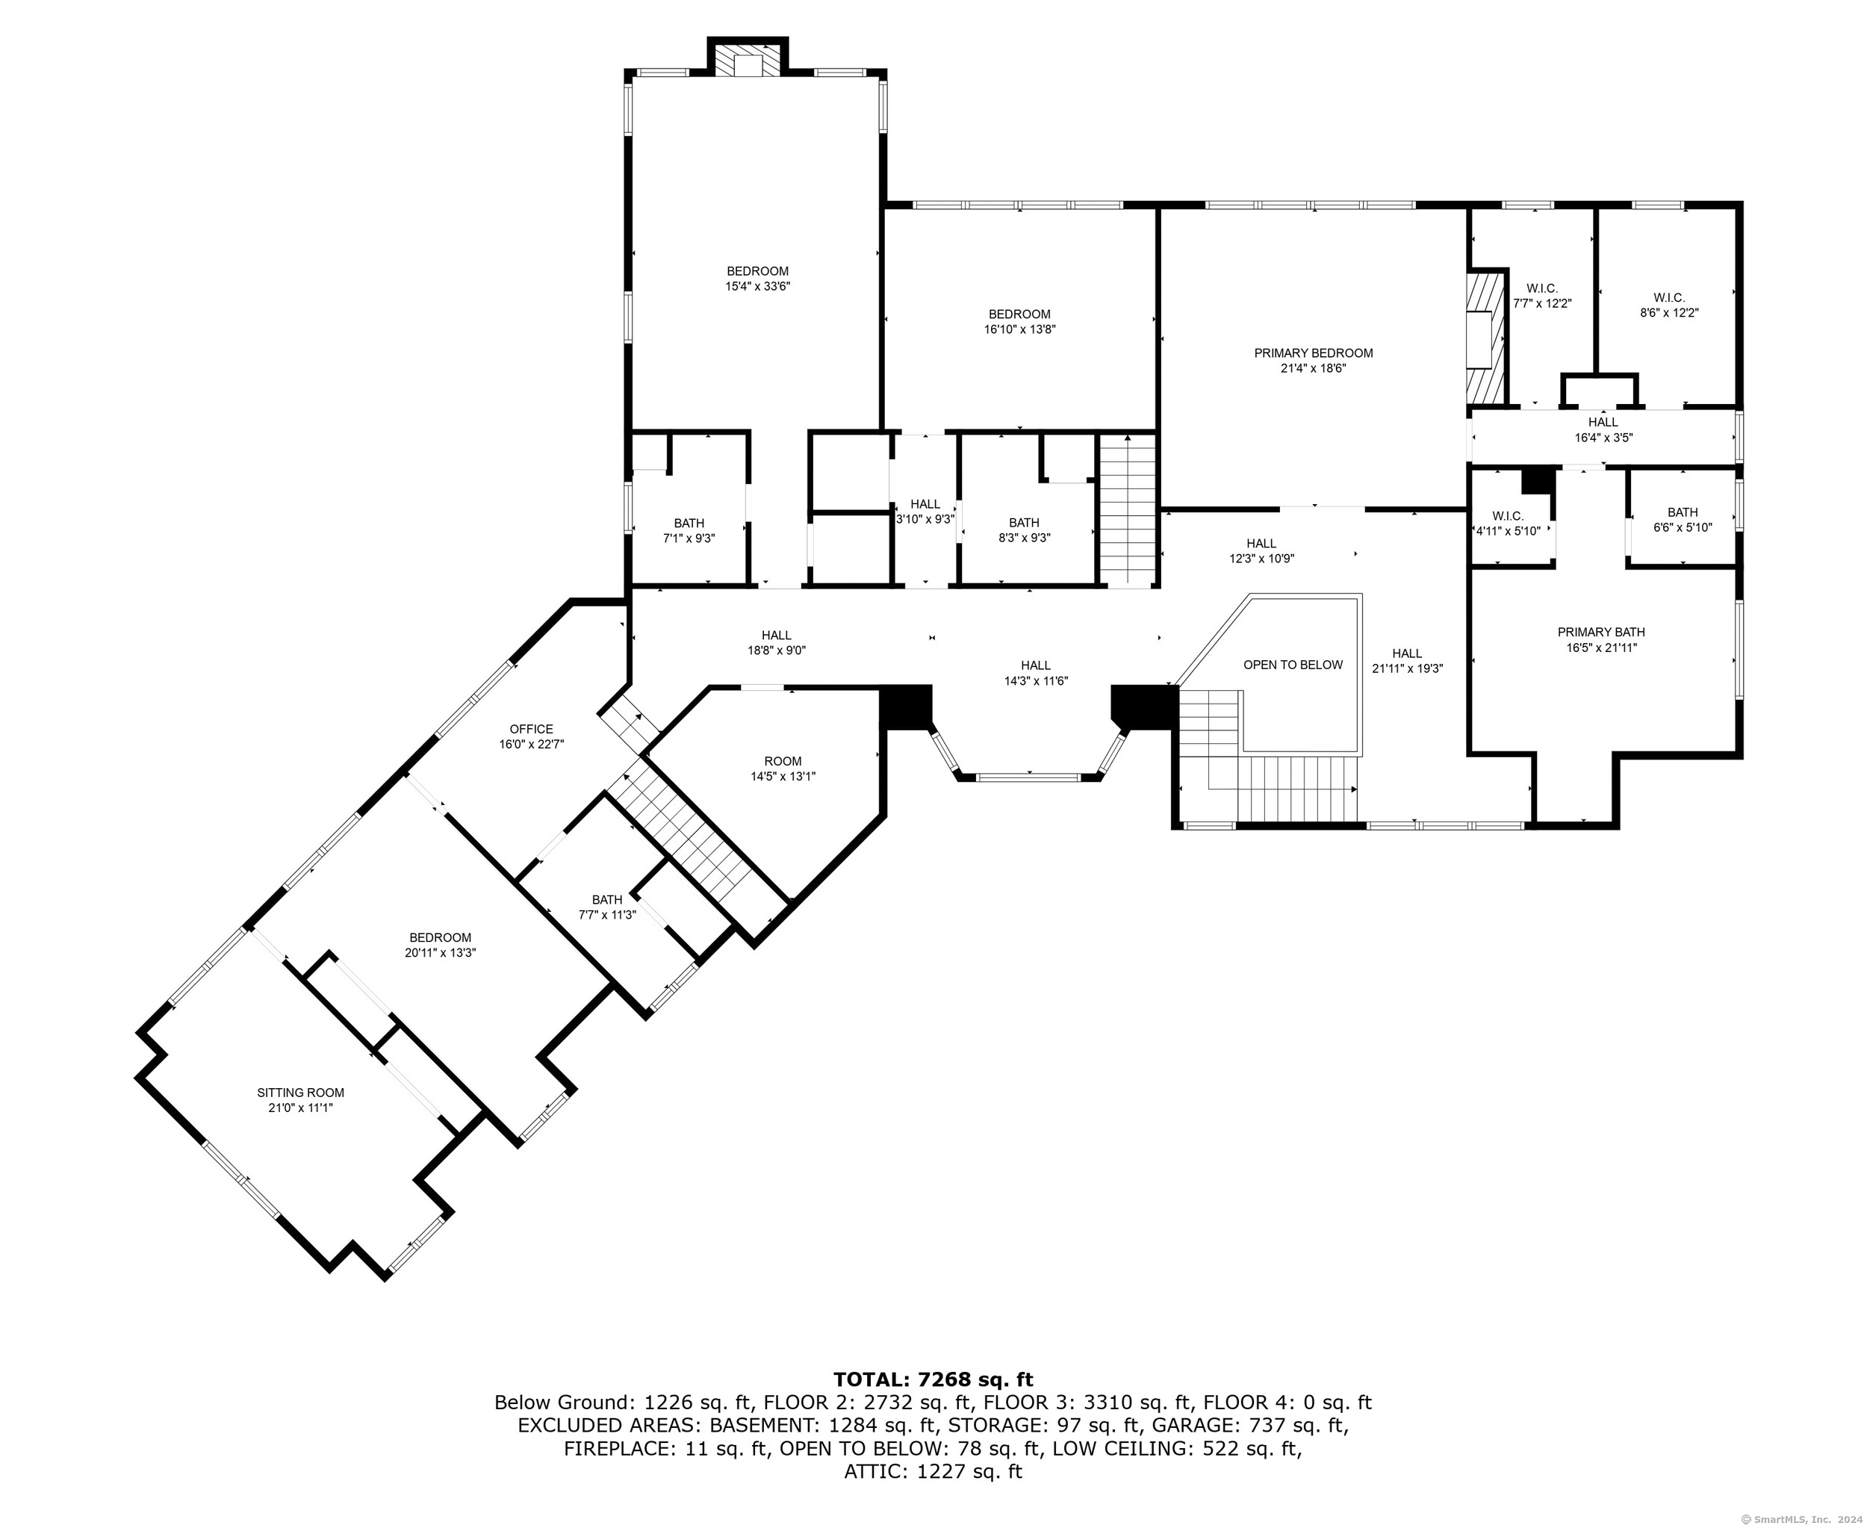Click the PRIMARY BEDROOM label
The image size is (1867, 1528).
point(1312,353)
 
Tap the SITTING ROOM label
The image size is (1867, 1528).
point(300,1093)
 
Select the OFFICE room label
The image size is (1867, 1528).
point(531,729)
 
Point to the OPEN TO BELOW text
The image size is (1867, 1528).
point(1292,665)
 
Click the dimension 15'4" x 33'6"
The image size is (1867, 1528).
point(757,286)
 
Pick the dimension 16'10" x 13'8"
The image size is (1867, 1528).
point(1019,329)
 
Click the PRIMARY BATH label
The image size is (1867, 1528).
point(1600,632)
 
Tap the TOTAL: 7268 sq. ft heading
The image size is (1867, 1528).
point(933,1379)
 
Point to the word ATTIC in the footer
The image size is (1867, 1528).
point(872,1470)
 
